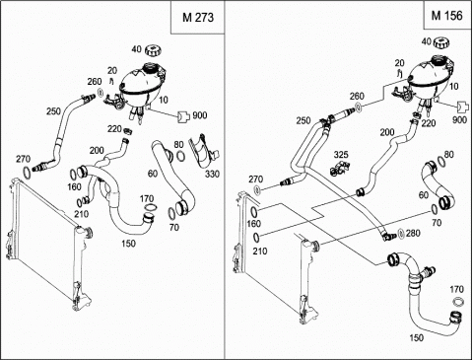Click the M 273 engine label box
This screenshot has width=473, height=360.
pyautogui.click(x=198, y=17)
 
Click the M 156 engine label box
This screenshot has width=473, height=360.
pyautogui.click(x=447, y=15)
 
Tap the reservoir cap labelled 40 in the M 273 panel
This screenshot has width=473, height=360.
pyautogui.click(x=153, y=50)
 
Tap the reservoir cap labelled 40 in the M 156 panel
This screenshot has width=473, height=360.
pyautogui.click(x=440, y=42)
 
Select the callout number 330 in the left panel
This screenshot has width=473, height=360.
pyautogui.click(x=212, y=174)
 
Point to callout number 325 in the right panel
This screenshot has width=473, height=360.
pyautogui.click(x=341, y=155)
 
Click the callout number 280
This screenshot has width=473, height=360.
pyautogui.click(x=413, y=233)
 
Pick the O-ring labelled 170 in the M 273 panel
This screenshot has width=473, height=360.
pyautogui.click(x=151, y=207)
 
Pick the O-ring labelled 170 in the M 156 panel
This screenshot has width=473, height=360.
pyautogui.click(x=458, y=301)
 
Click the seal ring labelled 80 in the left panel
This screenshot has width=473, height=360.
pyautogui.click(x=180, y=156)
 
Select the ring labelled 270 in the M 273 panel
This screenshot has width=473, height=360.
pyautogui.click(x=27, y=172)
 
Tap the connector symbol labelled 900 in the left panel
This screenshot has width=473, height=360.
pyautogui.click(x=183, y=116)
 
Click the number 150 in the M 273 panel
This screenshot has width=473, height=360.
pyautogui.click(x=128, y=244)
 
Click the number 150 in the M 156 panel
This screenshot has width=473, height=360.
pyautogui.click(x=416, y=338)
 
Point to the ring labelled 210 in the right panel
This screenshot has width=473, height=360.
pyautogui.click(x=256, y=237)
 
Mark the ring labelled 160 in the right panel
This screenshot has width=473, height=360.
pyautogui.click(x=254, y=211)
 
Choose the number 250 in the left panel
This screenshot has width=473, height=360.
pyautogui.click(x=53, y=111)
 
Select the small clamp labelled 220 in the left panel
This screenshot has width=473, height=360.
pyautogui.click(x=127, y=131)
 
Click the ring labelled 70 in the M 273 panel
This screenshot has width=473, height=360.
pyautogui.click(x=171, y=214)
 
